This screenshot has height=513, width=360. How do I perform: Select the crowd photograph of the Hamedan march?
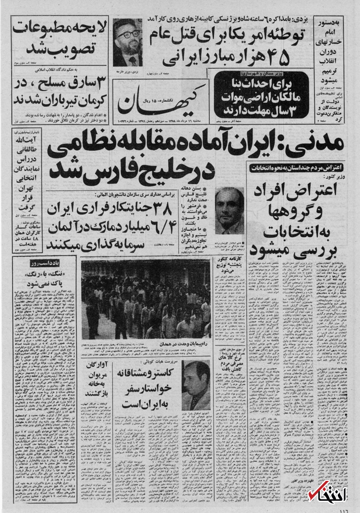[x=146, y=300]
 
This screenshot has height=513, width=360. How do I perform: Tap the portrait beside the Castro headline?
[x=195, y=385]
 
